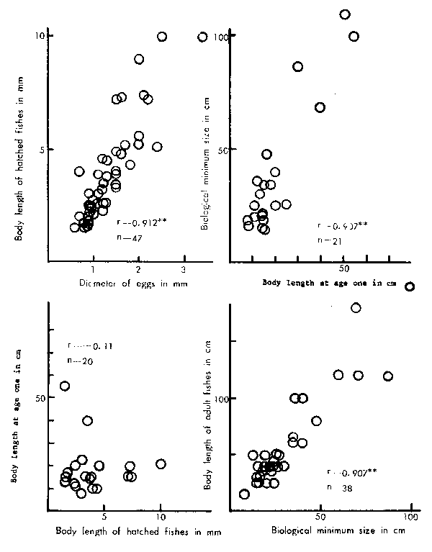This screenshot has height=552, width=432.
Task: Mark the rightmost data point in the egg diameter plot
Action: click(203, 37)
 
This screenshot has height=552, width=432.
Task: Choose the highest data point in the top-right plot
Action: click(345, 14)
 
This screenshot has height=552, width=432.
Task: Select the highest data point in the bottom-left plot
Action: click(64, 386)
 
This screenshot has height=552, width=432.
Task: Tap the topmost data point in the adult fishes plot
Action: click(356, 308)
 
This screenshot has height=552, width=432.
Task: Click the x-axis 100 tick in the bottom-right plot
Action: click(411, 517)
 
